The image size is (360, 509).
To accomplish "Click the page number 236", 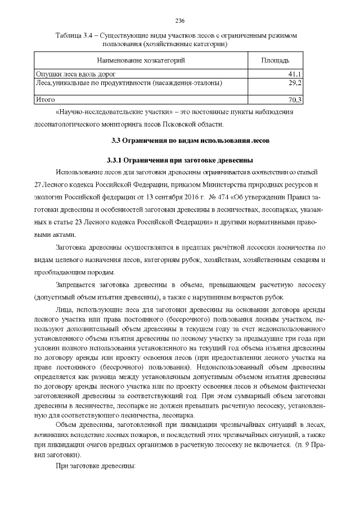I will (180, 21).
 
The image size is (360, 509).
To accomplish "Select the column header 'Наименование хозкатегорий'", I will (141, 60).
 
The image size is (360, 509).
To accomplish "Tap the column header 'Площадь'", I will (276, 60).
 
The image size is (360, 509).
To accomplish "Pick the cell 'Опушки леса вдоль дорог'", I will (75, 74).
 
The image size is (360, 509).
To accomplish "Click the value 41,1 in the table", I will (295, 74).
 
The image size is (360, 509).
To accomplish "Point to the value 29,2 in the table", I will (295, 82).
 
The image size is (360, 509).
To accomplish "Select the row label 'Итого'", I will (44, 99).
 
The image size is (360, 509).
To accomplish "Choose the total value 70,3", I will (295, 100).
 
